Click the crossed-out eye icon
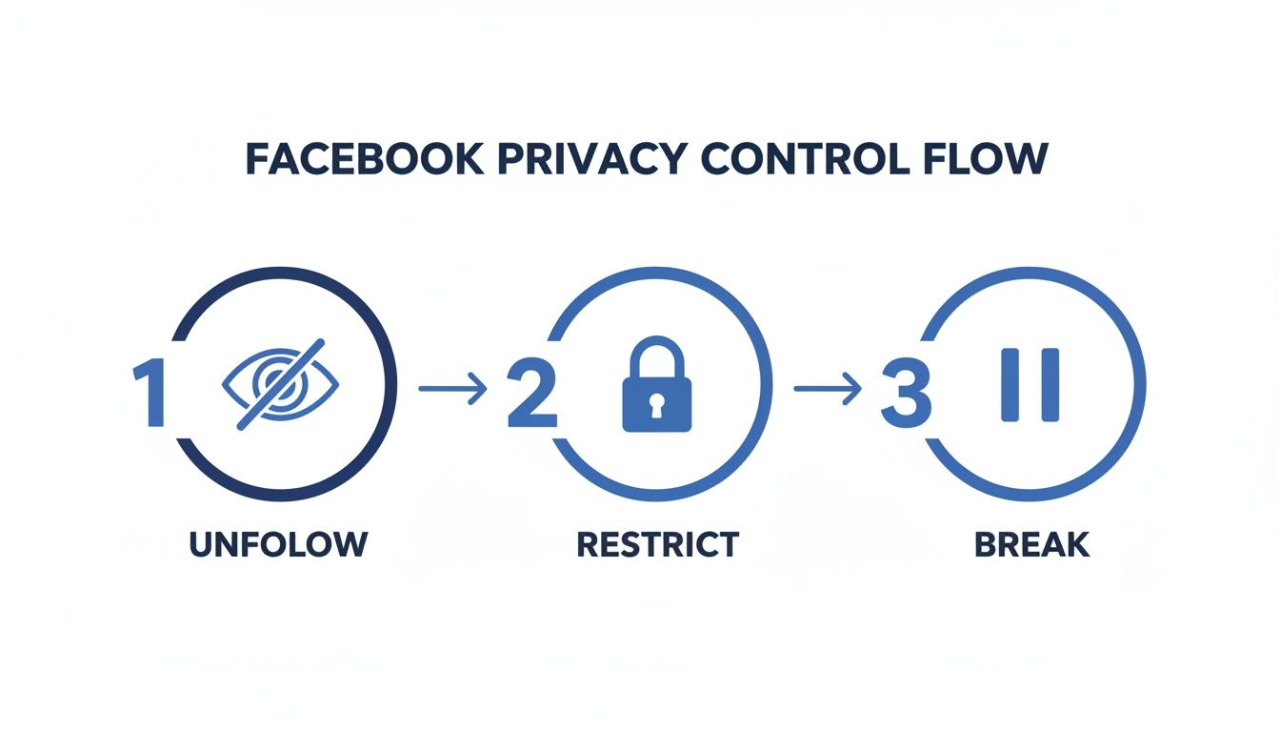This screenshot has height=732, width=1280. click(280, 383)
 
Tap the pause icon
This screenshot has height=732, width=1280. click(1030, 385)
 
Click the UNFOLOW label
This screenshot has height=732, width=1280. click(278, 544)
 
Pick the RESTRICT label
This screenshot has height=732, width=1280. click(657, 544)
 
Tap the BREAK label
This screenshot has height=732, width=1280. click(1031, 544)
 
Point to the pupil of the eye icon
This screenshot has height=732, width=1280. click(278, 385)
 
